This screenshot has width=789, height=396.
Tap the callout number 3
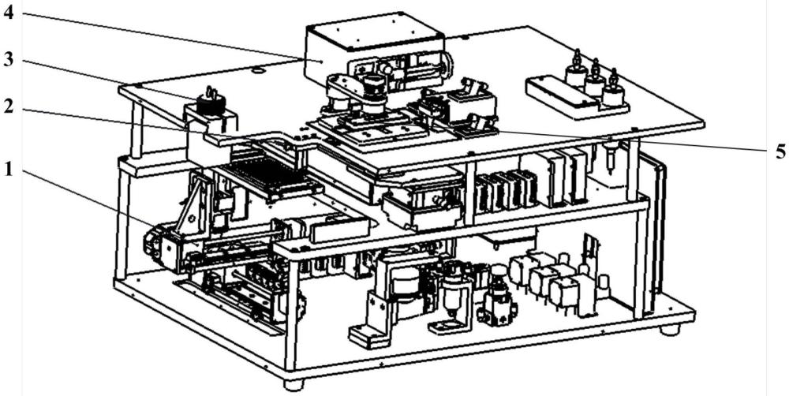(x=9, y=62)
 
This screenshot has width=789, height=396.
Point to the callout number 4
(x=9, y=15)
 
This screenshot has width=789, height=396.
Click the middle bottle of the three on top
(x=595, y=80)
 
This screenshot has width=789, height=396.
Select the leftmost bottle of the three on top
(x=575, y=73)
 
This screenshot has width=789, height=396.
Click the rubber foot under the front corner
(x=293, y=384)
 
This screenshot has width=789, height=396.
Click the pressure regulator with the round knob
(x=496, y=296)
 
